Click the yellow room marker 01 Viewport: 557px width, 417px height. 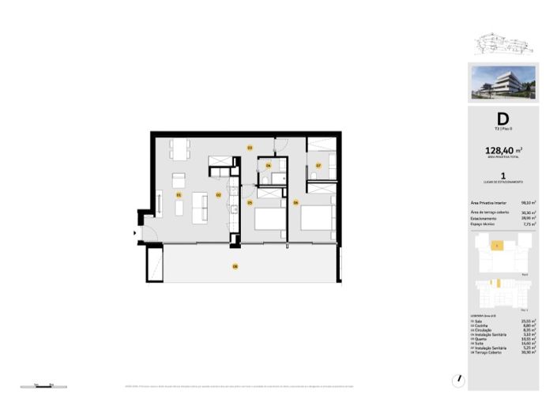point(179,194)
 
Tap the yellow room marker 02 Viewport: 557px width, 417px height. point(219,194)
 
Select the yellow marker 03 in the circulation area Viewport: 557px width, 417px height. point(249,148)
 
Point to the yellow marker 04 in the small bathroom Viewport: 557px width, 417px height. point(269,166)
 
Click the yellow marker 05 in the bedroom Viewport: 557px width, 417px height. point(249,203)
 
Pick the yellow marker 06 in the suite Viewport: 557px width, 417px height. point(295,203)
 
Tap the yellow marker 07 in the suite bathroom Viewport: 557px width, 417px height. point(318,166)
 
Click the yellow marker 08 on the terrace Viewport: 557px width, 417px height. point(235,266)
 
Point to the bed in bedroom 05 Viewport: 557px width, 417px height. point(269,217)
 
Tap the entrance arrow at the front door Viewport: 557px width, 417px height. point(135,233)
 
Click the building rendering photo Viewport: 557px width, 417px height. point(503,82)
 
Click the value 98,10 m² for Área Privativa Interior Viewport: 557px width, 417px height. point(529,203)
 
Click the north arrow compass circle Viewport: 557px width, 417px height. point(461,380)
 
